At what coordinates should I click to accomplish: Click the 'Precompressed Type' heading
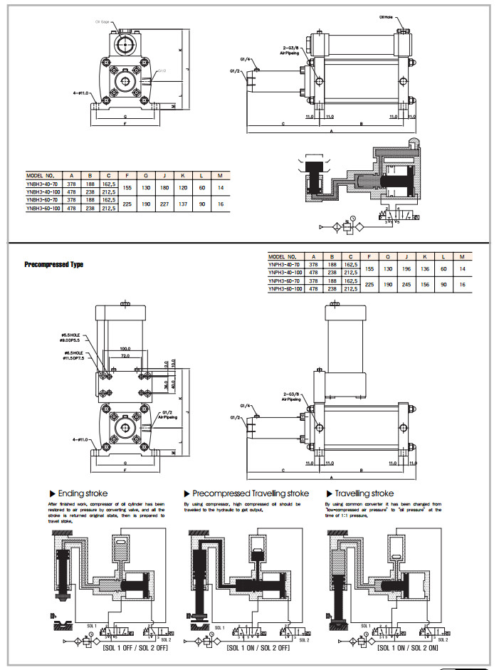[54, 264]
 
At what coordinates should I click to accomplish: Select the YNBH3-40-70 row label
[41, 182]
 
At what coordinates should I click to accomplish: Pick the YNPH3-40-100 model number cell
[285, 271]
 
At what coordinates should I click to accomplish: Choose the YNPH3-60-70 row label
[284, 281]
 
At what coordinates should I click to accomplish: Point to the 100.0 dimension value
[125, 349]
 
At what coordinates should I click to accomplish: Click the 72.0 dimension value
[125, 355]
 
